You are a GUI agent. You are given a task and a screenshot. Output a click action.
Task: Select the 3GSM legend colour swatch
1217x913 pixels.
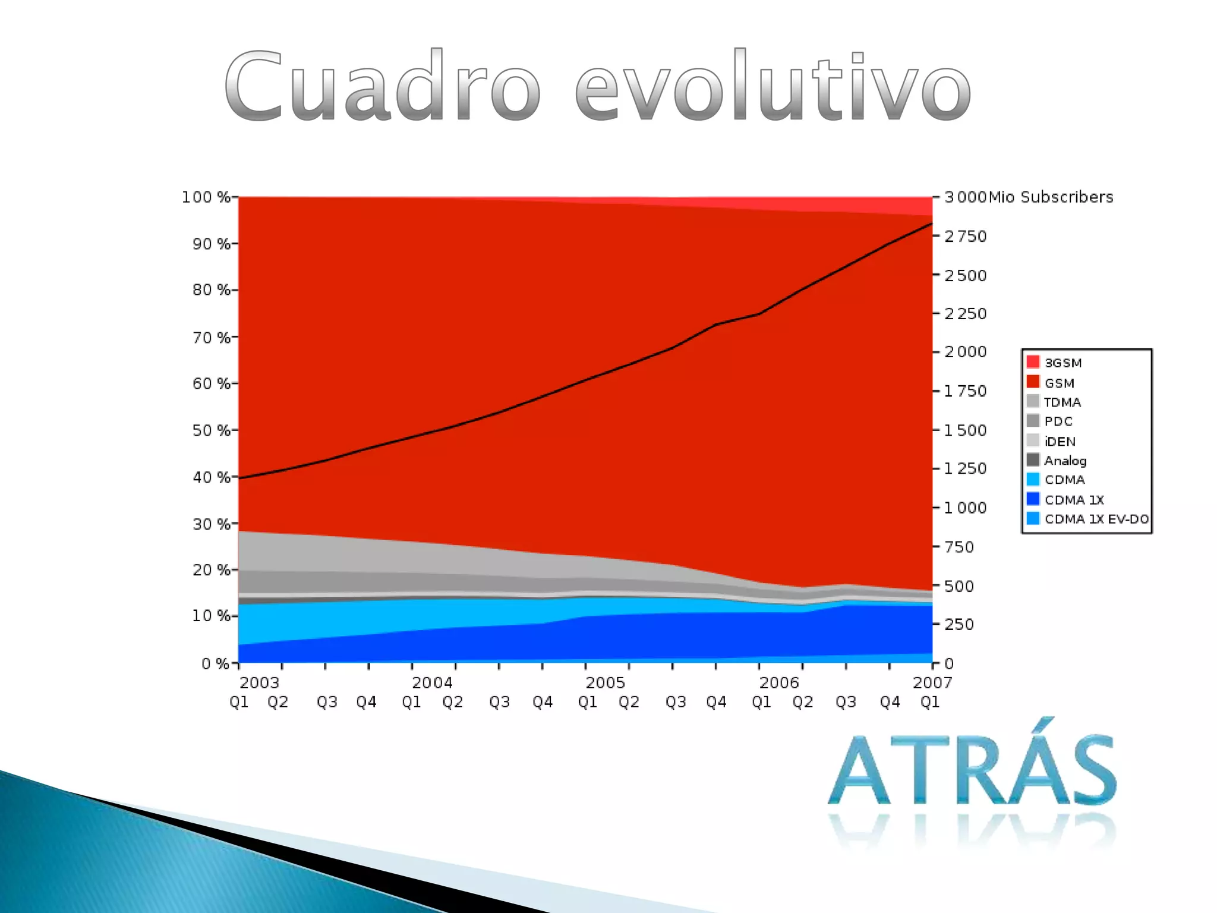[1033, 362]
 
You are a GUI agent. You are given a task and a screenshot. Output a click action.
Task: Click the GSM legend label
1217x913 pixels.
[1060, 383]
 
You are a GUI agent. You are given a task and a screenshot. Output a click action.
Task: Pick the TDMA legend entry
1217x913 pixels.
[1054, 402]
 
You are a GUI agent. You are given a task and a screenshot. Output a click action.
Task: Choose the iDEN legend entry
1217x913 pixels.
[1051, 441]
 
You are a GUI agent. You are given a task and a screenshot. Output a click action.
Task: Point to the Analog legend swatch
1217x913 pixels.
[1033, 460]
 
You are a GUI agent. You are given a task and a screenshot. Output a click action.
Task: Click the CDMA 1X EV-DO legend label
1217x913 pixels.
[1097, 519]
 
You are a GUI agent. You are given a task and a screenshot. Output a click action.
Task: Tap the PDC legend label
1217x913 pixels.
[1058, 421]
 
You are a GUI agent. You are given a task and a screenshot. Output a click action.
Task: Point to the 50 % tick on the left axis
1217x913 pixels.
[235, 430]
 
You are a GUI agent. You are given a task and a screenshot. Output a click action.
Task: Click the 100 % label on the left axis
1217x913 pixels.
[206, 197]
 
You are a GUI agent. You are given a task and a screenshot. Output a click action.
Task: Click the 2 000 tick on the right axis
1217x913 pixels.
[937, 352]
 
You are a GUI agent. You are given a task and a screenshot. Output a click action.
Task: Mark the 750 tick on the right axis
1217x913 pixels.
[937, 547]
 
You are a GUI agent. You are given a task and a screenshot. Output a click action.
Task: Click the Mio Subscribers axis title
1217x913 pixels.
[1051, 197]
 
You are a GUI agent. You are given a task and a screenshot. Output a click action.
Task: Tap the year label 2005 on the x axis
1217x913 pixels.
[606, 682]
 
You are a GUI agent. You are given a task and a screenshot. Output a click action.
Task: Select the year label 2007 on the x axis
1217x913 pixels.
[932, 682]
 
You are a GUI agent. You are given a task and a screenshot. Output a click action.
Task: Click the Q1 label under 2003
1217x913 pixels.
[239, 703]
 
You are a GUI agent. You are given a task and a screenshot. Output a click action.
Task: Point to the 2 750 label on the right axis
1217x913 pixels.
[966, 237]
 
